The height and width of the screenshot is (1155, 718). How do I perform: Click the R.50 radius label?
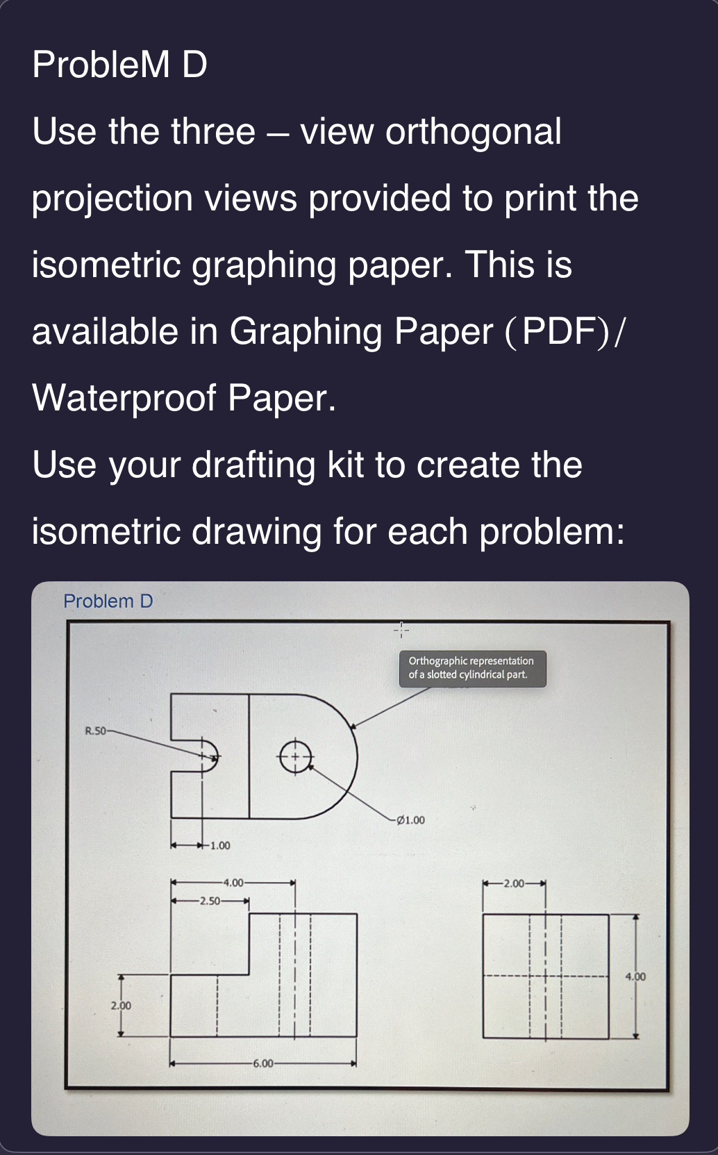(x=95, y=731)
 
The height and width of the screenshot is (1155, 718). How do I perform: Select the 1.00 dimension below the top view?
(x=220, y=846)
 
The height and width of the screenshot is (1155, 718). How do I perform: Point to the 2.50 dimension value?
(x=209, y=901)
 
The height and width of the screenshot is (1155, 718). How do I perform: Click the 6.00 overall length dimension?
(x=263, y=1063)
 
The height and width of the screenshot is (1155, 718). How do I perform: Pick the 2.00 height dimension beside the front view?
(x=121, y=1005)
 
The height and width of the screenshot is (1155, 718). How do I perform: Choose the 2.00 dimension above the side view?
(x=515, y=884)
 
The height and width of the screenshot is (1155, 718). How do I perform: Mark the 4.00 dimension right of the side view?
(x=635, y=977)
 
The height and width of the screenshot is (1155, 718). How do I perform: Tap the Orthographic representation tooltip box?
(x=472, y=668)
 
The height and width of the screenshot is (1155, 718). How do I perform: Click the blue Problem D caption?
(x=108, y=601)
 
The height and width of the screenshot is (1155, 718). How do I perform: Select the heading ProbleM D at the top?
(x=119, y=65)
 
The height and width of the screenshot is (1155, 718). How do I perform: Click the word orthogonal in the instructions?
(x=473, y=131)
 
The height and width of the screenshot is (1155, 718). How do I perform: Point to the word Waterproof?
(x=124, y=398)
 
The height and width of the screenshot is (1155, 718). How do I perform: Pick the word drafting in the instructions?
(x=253, y=465)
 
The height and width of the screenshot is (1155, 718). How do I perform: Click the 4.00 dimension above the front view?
(x=233, y=883)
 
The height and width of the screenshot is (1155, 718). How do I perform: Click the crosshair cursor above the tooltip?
(x=401, y=630)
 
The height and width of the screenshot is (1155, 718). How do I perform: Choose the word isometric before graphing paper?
(x=106, y=265)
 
